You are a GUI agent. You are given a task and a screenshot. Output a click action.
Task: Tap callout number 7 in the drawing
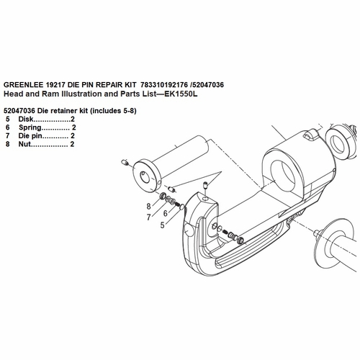point(148,217)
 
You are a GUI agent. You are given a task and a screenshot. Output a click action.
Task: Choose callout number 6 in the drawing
point(166,212)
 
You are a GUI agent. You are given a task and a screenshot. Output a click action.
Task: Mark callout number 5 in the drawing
point(162,225)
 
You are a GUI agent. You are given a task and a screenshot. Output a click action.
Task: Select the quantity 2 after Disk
point(73,118)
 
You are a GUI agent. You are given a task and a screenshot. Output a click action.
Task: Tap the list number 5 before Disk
point(8,118)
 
